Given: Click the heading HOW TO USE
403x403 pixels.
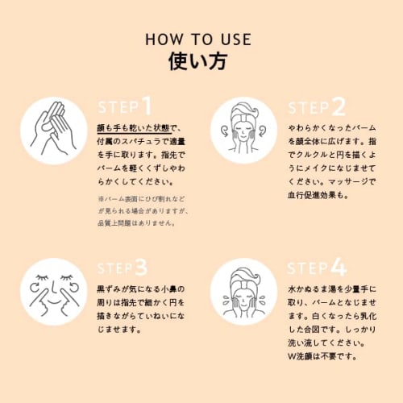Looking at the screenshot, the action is pos(198,39).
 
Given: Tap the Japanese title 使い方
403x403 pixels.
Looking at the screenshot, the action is pos(198,61).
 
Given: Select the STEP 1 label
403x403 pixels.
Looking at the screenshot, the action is pos(125,106).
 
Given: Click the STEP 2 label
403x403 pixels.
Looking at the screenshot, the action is pos(317,106).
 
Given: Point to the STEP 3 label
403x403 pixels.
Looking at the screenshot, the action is pos(123,268).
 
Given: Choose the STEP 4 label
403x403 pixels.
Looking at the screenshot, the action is pos(317,267).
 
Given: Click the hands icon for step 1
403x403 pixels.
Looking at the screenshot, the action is pos(54,131).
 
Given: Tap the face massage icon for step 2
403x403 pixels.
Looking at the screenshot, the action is pos(243,131).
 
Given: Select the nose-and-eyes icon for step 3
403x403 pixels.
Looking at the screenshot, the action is pos(54,292).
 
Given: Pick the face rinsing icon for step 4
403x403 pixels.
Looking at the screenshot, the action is pos(243,292).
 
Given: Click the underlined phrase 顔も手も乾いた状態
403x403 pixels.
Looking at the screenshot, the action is pos(134,128).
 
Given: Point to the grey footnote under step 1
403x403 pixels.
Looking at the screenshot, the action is pos(143,211).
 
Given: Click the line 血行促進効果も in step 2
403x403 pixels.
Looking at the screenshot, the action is pos(318,195).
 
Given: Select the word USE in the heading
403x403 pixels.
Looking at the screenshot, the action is pos(236,39).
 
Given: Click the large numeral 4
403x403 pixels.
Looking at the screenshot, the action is pos(339,267).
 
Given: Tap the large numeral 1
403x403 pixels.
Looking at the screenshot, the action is pos(147,106).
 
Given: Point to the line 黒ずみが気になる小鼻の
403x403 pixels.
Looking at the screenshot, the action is pos(141,289).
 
